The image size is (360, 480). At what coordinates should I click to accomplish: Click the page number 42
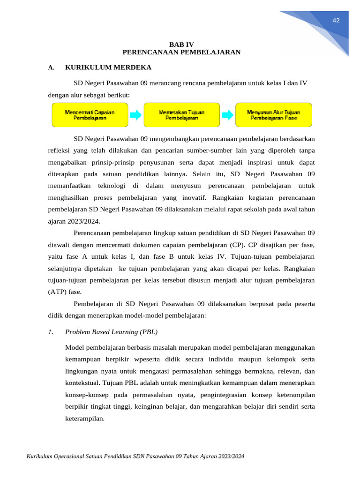336,20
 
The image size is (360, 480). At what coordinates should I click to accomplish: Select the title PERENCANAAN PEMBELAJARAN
181,52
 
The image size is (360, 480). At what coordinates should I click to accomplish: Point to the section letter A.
51,67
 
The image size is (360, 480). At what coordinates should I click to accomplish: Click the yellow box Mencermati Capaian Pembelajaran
90,115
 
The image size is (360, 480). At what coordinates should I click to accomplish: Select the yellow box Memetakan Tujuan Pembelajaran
181,115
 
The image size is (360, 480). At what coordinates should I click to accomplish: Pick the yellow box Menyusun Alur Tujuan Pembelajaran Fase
273,115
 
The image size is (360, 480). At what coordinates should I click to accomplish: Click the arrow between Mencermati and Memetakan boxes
135,115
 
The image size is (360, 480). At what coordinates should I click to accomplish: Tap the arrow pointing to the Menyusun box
227,115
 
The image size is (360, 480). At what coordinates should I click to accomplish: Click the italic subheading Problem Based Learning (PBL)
111,332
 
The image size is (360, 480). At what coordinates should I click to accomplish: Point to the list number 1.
51,332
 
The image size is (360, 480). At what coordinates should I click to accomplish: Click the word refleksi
60,151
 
